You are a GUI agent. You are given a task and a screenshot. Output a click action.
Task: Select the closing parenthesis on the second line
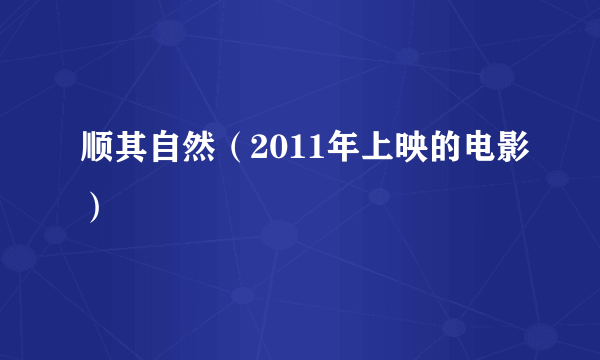tap(93, 208)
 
